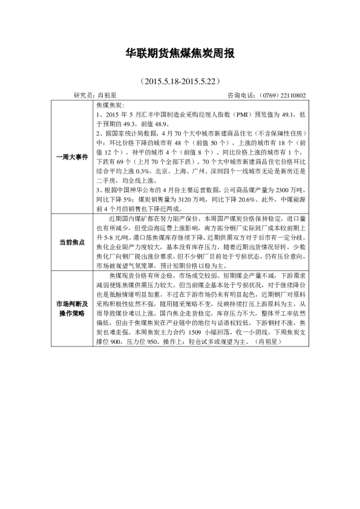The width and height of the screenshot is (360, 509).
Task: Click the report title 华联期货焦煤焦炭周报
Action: pos(180,53)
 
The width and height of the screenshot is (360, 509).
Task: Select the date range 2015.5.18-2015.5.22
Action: pos(179,80)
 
